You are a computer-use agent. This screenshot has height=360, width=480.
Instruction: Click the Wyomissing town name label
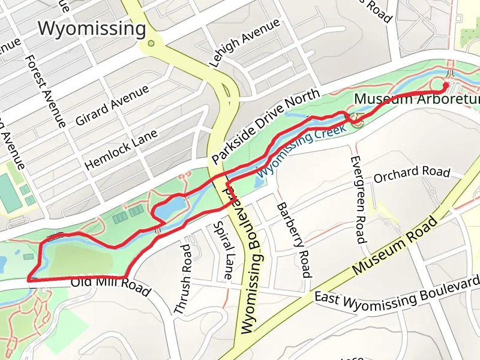pyautogui.click(x=92, y=28)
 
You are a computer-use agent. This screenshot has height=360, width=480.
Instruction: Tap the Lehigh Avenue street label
pyautogui.click(x=244, y=43)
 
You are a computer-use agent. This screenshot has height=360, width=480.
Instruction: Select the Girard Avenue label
pyautogui.click(x=112, y=106)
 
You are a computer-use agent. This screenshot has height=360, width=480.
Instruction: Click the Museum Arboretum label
pyautogui.click(x=416, y=98)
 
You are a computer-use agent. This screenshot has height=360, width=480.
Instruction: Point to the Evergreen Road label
pyautogui.click(x=358, y=199)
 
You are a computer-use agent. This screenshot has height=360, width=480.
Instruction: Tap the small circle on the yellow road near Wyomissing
pyautogui.click(x=151, y=43)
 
